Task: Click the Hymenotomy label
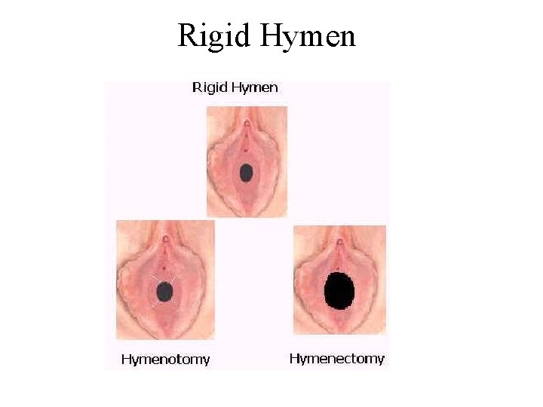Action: (165, 359)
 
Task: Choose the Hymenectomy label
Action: (336, 359)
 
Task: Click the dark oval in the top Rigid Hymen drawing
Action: (246, 173)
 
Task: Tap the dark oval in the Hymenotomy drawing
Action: (165, 291)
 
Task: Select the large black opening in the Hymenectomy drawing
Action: (339, 291)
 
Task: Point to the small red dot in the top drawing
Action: (246, 149)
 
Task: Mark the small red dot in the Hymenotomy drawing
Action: (164, 267)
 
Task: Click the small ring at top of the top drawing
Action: (246, 121)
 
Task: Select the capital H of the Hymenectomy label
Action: (294, 359)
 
